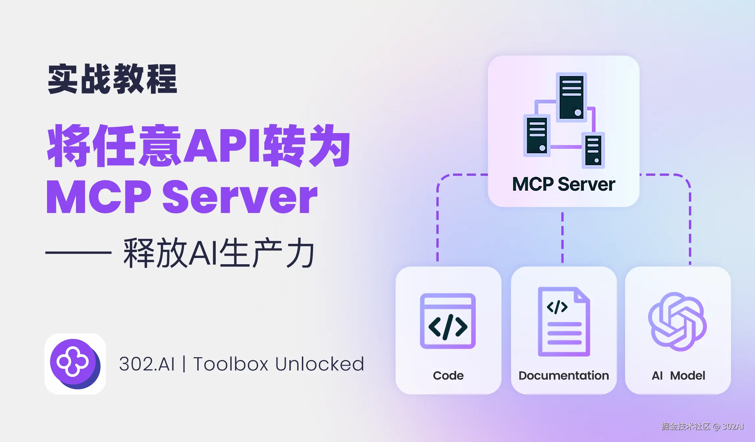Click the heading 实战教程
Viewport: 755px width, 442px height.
tap(112, 79)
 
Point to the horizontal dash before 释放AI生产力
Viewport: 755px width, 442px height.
tap(78, 252)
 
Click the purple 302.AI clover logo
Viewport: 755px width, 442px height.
tap(75, 364)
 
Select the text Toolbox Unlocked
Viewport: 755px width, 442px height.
tap(279, 364)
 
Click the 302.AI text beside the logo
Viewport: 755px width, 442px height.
tap(147, 364)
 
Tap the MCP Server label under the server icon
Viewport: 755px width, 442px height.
tap(564, 184)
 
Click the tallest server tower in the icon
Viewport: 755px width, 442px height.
tap(572, 97)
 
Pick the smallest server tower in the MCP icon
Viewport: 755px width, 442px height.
tap(593, 151)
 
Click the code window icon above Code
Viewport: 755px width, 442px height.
tap(448, 321)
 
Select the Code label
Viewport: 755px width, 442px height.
tap(448, 376)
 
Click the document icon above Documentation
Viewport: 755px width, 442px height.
tap(564, 322)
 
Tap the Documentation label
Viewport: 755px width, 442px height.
tap(564, 376)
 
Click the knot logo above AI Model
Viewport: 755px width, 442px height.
tap(677, 322)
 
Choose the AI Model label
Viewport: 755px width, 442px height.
tap(678, 376)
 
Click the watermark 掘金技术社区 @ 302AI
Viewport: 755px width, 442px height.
tap(702, 426)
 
